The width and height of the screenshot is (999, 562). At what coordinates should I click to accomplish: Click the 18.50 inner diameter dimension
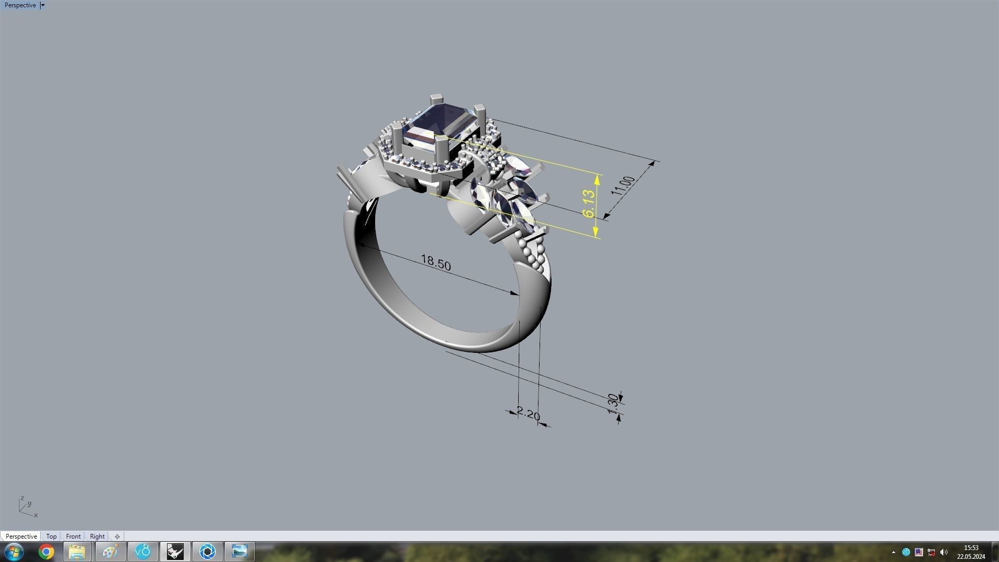tap(436, 262)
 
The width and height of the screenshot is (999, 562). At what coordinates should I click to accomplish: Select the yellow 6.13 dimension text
tap(588, 203)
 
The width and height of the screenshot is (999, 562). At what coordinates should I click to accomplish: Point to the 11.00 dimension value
tap(623, 186)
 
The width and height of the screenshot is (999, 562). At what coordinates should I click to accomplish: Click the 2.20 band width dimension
tap(529, 414)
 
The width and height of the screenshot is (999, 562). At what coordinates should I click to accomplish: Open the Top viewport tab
tap(51, 536)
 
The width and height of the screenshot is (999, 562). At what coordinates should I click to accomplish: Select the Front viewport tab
tap(73, 536)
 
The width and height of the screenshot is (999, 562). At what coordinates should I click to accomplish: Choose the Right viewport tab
tap(97, 536)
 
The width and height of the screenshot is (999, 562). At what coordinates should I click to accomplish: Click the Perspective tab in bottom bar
tap(21, 536)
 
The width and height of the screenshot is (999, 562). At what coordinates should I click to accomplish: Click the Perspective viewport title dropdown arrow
tap(43, 5)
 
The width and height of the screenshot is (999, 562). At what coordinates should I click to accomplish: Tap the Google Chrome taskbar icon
tap(46, 552)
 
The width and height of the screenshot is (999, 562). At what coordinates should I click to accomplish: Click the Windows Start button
tap(14, 552)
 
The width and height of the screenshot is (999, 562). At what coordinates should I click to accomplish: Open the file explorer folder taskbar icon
tap(77, 552)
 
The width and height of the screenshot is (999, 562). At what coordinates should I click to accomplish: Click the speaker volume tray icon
tap(944, 552)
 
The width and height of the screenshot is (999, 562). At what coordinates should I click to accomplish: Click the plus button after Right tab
tap(117, 536)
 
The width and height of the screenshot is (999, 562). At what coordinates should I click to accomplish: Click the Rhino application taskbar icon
tap(175, 552)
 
